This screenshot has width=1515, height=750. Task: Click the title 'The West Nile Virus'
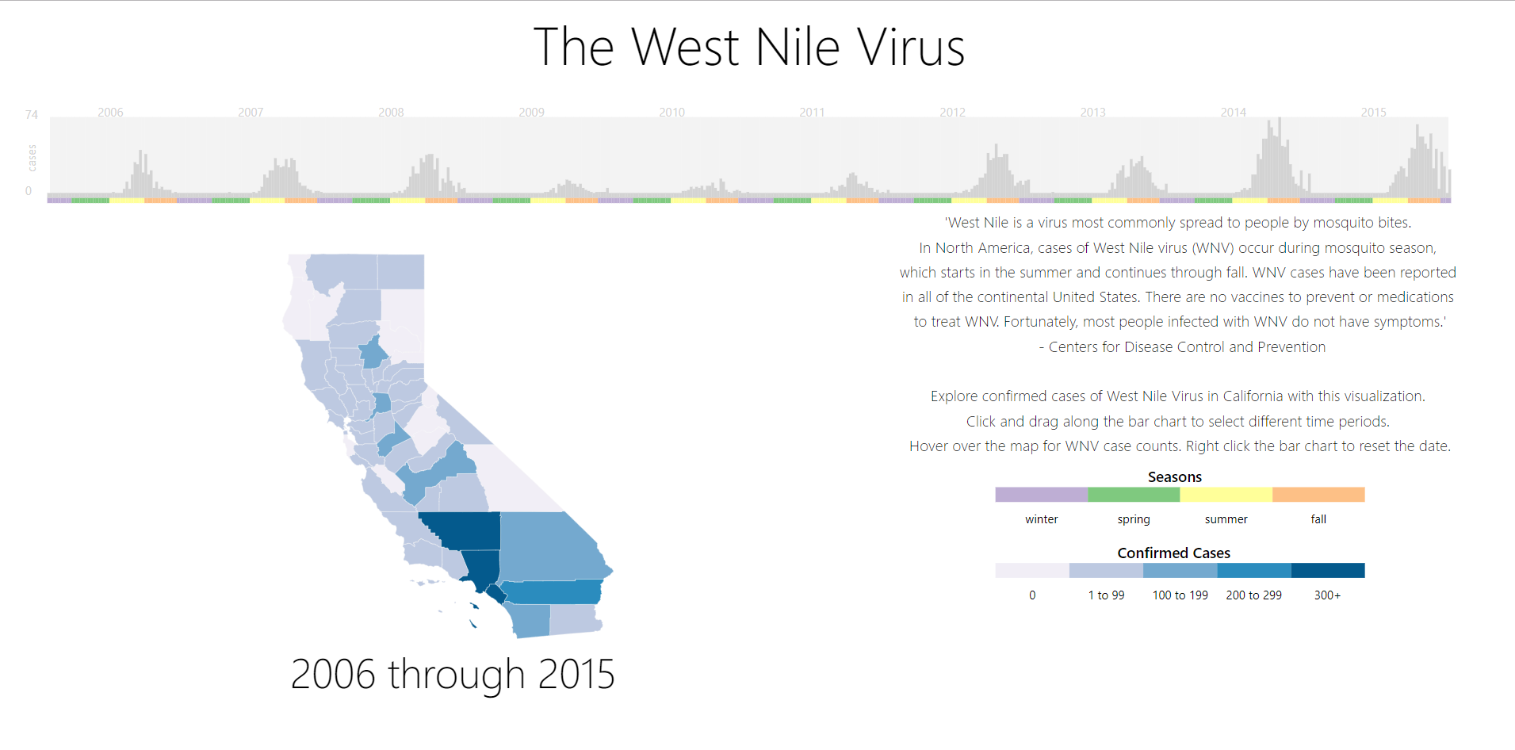(749, 47)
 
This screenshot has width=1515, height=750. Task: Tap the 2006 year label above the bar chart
(110, 113)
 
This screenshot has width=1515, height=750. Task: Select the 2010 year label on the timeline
(671, 113)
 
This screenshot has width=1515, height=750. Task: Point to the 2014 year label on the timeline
(1233, 113)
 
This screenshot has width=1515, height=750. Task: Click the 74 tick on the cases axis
(32, 115)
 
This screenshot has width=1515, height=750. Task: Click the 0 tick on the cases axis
(29, 191)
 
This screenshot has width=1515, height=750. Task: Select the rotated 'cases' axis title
(32, 158)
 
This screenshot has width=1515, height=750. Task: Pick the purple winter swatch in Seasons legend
(1042, 495)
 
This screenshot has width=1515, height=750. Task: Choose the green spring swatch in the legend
(1134, 495)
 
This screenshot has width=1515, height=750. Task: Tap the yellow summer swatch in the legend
(1226, 495)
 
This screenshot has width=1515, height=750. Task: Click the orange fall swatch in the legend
(1318, 495)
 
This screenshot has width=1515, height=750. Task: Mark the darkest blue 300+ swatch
(1328, 570)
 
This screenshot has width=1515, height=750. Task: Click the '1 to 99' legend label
(1106, 595)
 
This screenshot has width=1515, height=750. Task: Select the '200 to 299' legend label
(1253, 595)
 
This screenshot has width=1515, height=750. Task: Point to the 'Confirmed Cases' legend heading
(1174, 553)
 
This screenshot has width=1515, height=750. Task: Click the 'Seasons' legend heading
(1175, 477)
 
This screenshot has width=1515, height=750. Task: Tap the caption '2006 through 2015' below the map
(453, 675)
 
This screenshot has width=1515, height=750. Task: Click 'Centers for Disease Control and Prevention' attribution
(1187, 347)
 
